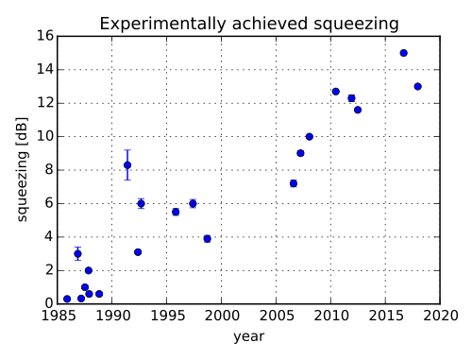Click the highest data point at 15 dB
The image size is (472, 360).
pos(404,53)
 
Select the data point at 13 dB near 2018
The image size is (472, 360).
pos(418,86)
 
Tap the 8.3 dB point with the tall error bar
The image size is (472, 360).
pos(127,165)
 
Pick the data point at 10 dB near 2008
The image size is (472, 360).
pos(310,137)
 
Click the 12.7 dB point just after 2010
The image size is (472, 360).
pos(336,92)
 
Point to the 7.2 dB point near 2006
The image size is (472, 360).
pos(294,183)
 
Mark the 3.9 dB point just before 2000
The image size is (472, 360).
pos(207,239)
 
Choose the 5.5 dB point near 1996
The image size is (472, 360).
pos(176,212)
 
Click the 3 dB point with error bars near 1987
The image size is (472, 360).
pos(77,254)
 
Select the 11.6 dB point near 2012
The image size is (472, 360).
pos(358,110)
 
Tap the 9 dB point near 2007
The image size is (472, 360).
pos(300,153)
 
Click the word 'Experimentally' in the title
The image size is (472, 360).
pos(162,24)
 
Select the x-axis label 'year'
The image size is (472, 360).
pos(249,336)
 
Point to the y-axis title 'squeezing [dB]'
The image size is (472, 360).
pos(22,170)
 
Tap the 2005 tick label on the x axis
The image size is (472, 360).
pos(276,316)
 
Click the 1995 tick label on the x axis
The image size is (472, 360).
pos(167,316)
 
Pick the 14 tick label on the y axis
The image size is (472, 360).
pos(45,69)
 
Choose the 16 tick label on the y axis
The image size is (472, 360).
pos(45,36)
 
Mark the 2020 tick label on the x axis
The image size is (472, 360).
pos(440,316)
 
